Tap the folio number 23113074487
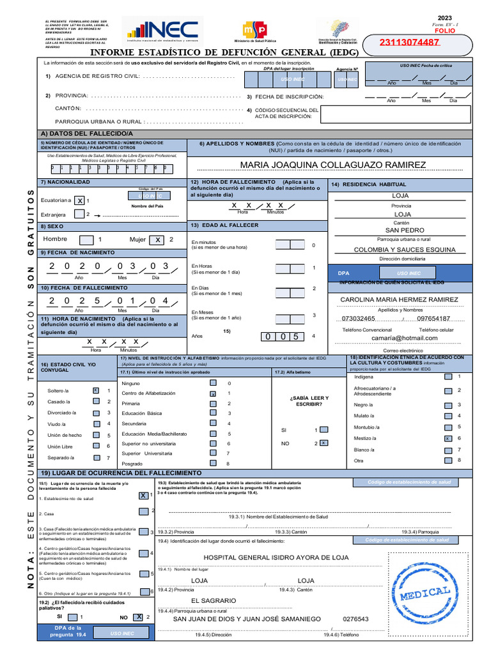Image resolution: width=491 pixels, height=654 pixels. [409, 43]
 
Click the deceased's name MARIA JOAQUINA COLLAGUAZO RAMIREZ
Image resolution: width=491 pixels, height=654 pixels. [332, 165]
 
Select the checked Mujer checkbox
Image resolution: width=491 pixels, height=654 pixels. [156, 240]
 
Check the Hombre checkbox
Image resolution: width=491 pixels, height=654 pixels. [86, 240]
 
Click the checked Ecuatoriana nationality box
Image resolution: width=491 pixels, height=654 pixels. [79, 201]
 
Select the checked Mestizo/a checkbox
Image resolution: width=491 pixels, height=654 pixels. [448, 438]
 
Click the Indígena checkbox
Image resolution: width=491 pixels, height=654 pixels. [448, 377]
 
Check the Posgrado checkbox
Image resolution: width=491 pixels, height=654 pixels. [213, 463]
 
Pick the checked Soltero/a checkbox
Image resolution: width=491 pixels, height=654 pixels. [95, 390]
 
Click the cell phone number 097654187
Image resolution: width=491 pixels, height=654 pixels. [433, 318]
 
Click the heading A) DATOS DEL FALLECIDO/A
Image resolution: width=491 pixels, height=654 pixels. [86, 132]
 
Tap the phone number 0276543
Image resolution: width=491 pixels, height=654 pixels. [355, 619]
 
